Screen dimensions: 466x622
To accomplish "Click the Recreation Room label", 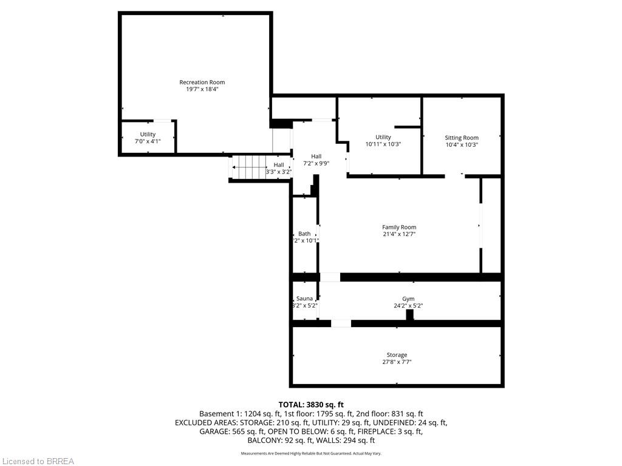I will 202,82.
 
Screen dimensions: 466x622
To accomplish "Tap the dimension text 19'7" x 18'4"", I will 202,89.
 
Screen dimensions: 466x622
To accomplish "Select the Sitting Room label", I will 462,138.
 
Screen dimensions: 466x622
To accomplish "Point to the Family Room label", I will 399,227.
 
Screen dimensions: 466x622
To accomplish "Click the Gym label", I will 408,299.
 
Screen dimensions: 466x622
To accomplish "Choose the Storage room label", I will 397,355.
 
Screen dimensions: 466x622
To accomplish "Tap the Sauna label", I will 304,299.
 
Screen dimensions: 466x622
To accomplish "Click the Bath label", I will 304,234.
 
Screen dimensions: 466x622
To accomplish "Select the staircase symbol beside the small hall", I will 249,164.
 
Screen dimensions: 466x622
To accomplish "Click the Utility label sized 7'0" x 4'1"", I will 148,134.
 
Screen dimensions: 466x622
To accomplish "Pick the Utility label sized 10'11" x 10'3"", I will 383,137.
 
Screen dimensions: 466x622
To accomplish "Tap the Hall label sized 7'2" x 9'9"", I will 316,157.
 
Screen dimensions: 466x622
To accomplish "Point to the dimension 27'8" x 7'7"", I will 397,362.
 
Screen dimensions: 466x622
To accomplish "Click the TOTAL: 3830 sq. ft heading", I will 311,405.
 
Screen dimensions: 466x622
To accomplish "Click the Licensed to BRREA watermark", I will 38,461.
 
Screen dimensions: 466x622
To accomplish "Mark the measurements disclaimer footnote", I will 311,453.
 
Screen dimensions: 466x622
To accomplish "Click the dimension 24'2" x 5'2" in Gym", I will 408,306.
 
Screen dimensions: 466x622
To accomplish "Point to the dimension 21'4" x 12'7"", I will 399,234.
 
